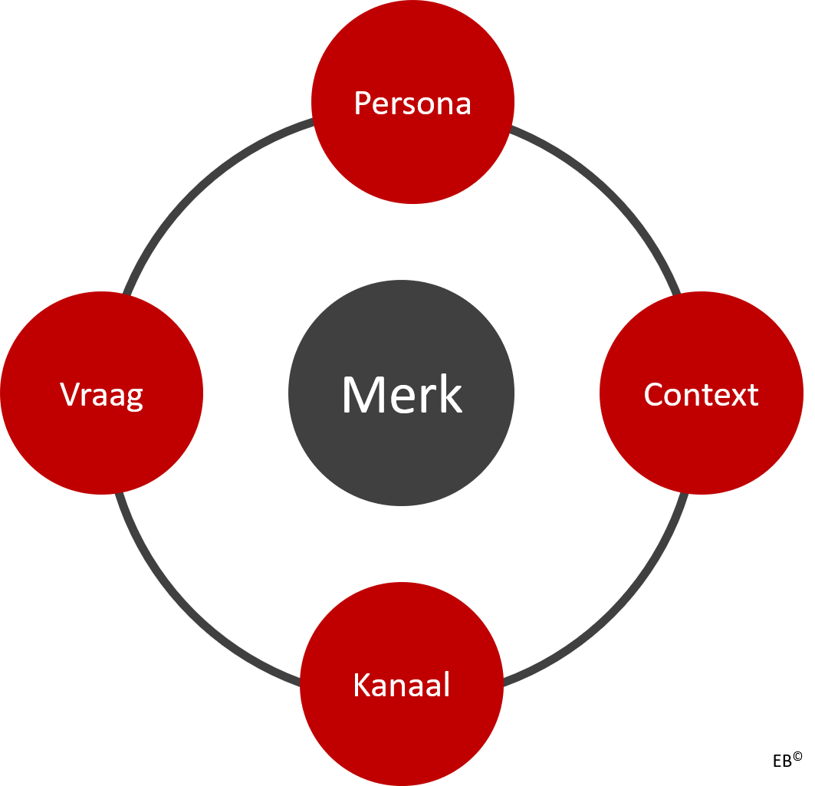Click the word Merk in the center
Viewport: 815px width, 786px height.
[x=402, y=395]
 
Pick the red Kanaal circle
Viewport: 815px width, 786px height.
[x=401, y=736]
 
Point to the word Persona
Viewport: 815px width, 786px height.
[x=412, y=103]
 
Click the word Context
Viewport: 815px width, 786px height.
[x=701, y=394]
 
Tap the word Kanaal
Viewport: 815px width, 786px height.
[x=401, y=685]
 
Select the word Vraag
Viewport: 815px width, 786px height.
[x=101, y=394]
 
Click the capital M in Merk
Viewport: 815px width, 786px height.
[x=362, y=395]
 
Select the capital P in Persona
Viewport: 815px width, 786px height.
[x=361, y=103]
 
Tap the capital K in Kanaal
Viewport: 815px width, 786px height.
[x=361, y=685]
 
